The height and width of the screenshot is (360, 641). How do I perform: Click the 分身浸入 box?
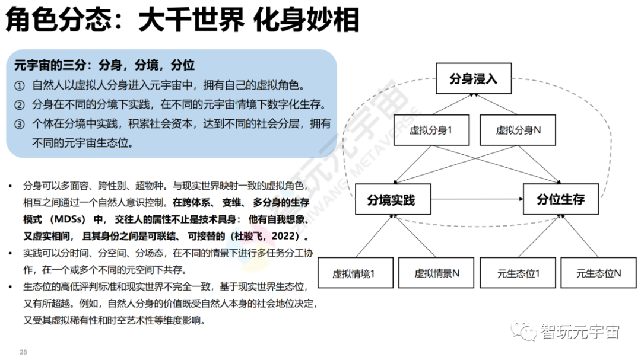click(x=473, y=78)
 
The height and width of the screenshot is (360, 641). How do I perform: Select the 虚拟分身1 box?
click(x=430, y=129)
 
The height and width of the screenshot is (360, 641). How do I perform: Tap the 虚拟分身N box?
click(x=518, y=129)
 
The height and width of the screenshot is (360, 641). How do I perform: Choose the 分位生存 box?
click(x=560, y=199)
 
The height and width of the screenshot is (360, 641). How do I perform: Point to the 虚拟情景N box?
click(x=436, y=273)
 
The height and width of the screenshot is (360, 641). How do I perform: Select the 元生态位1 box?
click(x=518, y=273)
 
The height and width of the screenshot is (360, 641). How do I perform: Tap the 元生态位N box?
click(x=598, y=273)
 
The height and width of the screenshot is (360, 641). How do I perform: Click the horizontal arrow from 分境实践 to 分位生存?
click(x=475, y=199)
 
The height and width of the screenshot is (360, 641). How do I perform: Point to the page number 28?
click(x=24, y=352)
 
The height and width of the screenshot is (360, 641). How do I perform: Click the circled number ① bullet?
click(x=20, y=85)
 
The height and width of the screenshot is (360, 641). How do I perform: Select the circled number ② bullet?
click(x=20, y=105)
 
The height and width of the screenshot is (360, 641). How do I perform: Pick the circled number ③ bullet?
click(x=20, y=125)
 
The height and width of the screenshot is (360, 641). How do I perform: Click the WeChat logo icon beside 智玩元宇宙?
click(x=525, y=331)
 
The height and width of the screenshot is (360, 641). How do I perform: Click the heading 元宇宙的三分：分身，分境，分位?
click(x=104, y=65)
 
